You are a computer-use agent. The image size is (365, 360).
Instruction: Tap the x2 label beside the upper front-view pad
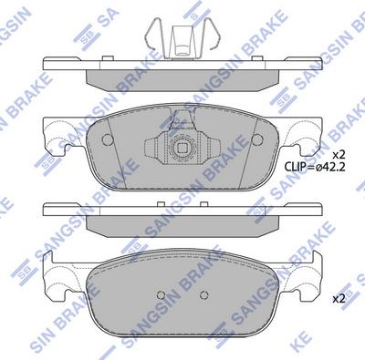[x=337, y=153]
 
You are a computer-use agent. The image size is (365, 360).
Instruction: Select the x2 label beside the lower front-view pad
[x=337, y=298]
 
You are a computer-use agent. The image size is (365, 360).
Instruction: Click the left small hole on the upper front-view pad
[x=108, y=139]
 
